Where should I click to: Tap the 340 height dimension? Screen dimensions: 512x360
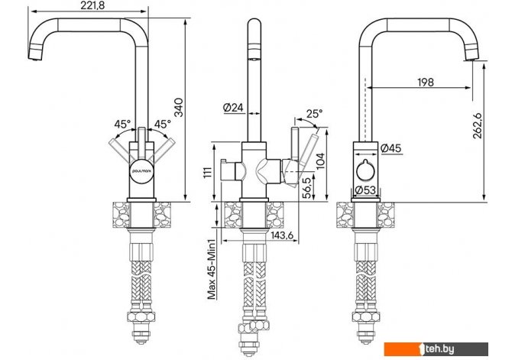[x=179, y=107]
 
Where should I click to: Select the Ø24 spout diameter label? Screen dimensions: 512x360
[x=234, y=108]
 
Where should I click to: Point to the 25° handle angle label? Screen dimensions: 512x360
[x=314, y=114]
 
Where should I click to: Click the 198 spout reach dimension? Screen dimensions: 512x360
[x=426, y=82]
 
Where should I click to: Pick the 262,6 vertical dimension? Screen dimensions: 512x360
[x=478, y=125]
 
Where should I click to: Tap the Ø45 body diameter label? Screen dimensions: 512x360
[x=390, y=148]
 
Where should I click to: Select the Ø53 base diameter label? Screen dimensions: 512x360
[x=365, y=190]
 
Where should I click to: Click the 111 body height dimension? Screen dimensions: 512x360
[x=208, y=172]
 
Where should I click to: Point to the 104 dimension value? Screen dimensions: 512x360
[x=321, y=161]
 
